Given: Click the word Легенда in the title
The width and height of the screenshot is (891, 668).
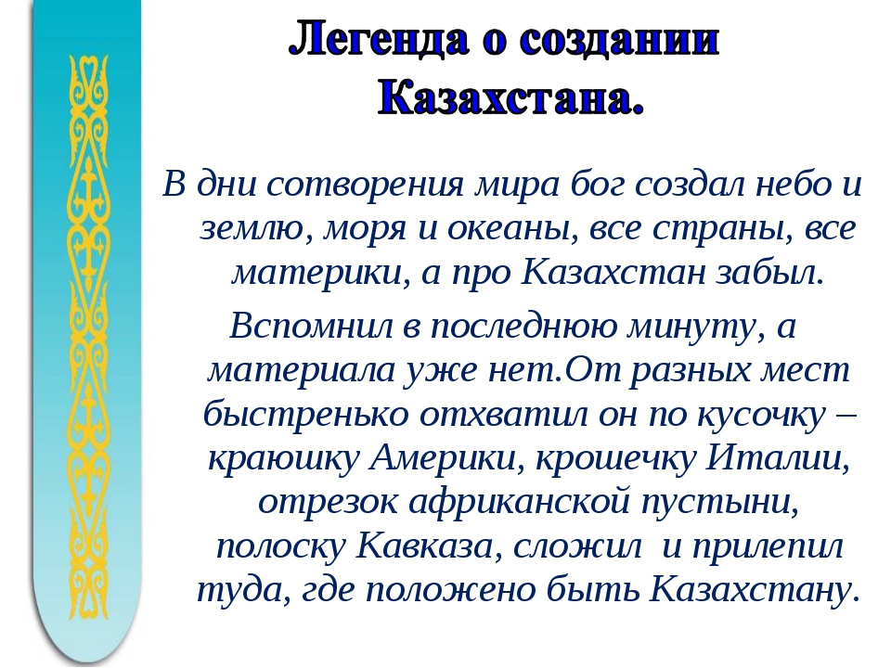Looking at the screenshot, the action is (x=380, y=41).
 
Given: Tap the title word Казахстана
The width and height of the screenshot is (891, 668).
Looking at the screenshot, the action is (x=511, y=97).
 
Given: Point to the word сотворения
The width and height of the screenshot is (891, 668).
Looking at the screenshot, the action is (x=365, y=184).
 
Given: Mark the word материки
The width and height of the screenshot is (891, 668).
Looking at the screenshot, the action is (x=319, y=273).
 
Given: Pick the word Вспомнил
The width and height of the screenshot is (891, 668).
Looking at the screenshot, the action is (x=311, y=326).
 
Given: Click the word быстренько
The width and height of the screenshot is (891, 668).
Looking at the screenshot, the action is (x=306, y=414).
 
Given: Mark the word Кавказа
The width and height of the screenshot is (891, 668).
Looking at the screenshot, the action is (x=430, y=546).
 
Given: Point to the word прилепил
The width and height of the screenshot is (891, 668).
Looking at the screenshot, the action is (x=767, y=547).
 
